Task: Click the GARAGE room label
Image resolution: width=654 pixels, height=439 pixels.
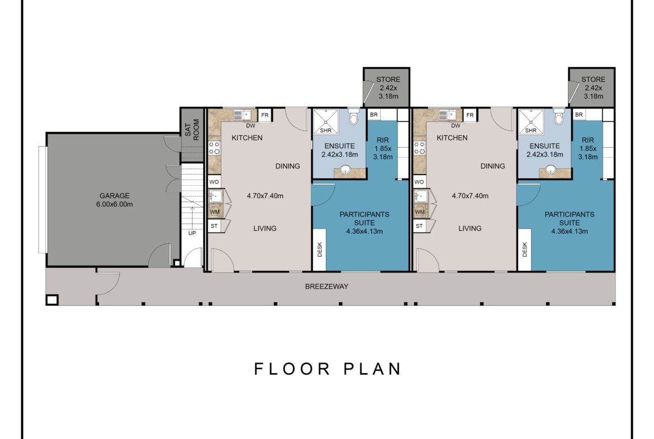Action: click(x=114, y=195)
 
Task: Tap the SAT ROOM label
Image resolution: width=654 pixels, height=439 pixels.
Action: click(x=192, y=130)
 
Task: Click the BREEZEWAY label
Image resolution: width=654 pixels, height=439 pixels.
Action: click(x=326, y=286)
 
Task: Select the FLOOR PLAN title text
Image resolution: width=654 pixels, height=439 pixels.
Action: click(x=328, y=369)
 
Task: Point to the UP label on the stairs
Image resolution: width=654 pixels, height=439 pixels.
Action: click(x=192, y=233)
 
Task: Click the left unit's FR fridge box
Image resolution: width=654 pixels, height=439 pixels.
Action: click(x=265, y=115)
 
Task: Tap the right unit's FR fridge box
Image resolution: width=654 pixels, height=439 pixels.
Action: click(x=470, y=115)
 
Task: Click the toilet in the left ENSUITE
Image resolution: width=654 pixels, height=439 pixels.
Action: click(x=353, y=116)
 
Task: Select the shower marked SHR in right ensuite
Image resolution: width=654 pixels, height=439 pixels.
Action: click(x=531, y=122)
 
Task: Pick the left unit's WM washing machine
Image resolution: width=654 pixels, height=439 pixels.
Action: click(x=215, y=211)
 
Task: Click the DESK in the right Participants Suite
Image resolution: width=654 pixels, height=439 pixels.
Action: click(x=525, y=249)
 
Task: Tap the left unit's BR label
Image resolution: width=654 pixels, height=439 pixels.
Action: click(x=374, y=114)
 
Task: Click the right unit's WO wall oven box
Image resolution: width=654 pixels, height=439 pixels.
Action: click(x=419, y=182)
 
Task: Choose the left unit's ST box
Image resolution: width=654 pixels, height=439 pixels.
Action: click(x=215, y=226)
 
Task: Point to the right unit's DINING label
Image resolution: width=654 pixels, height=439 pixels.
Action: click(x=492, y=166)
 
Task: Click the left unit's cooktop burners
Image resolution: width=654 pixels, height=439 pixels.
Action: click(x=214, y=148)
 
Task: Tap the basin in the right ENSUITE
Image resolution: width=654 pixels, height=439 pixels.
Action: click(x=551, y=169)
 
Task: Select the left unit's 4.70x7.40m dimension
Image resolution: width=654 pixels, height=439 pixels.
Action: click(x=265, y=196)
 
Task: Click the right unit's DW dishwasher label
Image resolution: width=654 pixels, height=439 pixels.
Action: click(x=456, y=126)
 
